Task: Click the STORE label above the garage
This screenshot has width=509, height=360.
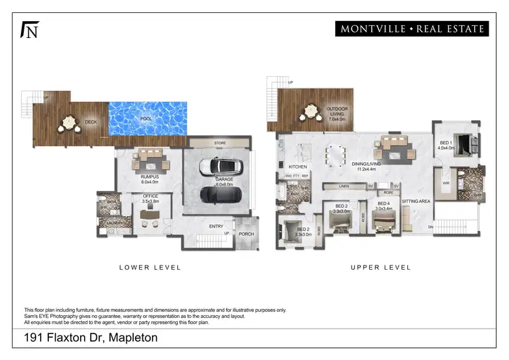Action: pos(220,143)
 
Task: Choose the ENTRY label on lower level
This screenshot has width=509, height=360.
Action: pos(216,227)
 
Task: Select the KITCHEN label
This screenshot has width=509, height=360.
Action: pos(298,166)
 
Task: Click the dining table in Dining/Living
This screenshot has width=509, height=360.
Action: pos(334,155)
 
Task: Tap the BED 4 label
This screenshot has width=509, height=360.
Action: pos(383,204)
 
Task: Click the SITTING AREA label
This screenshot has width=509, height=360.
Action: pos(415,202)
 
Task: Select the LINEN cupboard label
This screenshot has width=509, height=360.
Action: pos(345,186)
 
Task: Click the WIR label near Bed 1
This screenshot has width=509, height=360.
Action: pos(445,183)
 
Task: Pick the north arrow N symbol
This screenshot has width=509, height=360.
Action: pos(29,31)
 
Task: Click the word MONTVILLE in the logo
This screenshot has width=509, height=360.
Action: pos(372,29)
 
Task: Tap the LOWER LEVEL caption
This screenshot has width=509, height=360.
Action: pos(150,268)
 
